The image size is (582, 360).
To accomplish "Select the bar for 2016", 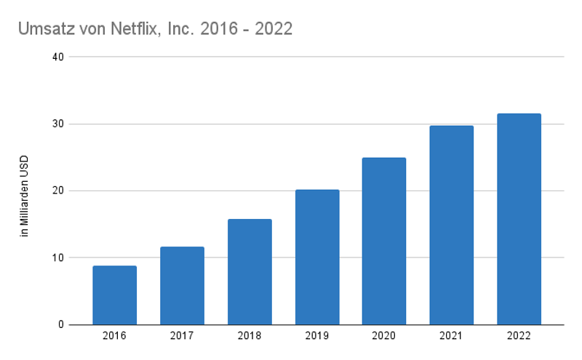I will tap(114, 295).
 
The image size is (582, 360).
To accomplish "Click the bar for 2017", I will tap(182, 286).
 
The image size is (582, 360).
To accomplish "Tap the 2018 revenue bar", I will tap(250, 272).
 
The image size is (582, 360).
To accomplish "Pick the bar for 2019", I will tap(317, 257).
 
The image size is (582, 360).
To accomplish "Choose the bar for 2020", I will tap(384, 241).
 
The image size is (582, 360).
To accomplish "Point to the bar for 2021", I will tap(452, 225).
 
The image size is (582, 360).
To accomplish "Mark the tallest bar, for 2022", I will tap(519, 219).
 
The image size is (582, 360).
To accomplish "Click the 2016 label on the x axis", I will tap(114, 336).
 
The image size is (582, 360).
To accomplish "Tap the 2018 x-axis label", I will tap(250, 336).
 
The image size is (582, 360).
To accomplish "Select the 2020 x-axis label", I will tap(384, 336).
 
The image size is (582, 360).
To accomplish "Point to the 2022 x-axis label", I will tap(519, 336).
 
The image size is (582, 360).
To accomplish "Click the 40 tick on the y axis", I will tap(58, 57).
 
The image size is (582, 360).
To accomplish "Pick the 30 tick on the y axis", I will tap(58, 124).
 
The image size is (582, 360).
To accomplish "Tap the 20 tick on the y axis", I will tap(58, 191).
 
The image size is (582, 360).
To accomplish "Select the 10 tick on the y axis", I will tap(58, 257).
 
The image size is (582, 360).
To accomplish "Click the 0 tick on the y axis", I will tap(61, 324).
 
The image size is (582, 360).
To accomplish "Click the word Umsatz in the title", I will tap(44, 29).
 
